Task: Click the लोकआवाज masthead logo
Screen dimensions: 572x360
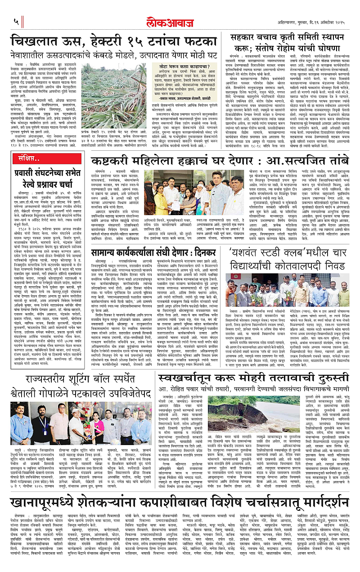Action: [180, 21]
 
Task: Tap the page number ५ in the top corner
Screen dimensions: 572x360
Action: [17, 21]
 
